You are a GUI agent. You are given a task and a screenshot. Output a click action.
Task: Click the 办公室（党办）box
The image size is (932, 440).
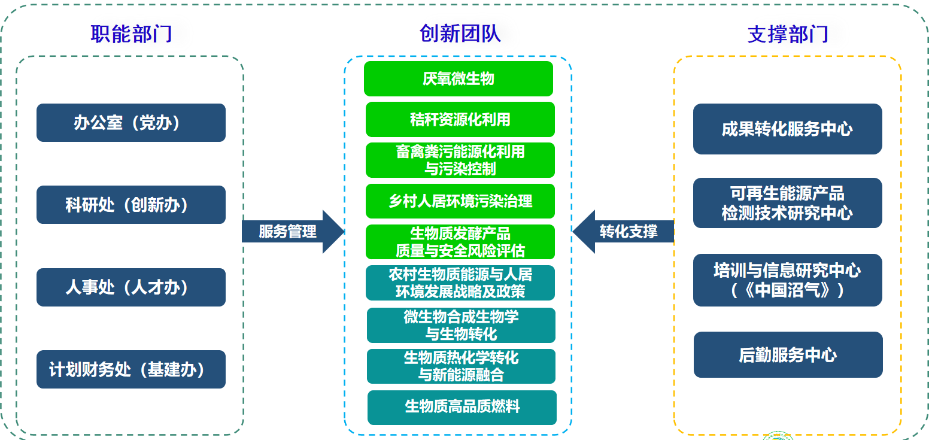coord(130,123)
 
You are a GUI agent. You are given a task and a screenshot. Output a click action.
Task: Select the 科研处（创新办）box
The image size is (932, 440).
coord(130,205)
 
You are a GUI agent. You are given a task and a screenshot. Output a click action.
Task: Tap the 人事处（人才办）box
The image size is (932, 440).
coord(130,287)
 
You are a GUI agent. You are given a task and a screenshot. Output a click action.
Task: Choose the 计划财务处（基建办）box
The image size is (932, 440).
coord(130,369)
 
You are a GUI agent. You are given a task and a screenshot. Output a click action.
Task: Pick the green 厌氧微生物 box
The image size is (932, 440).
coord(458,78)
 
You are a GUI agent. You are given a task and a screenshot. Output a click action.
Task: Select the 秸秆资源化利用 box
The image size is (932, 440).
coord(460,119)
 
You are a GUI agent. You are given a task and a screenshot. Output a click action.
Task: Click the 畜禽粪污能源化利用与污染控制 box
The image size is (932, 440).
coord(460,160)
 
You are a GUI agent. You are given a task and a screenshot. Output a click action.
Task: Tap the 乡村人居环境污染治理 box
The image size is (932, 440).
coord(460,201)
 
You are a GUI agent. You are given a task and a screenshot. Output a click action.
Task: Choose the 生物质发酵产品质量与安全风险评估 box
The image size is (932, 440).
coord(460,242)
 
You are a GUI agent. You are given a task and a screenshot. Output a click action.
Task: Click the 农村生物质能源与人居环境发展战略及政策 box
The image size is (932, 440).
coord(460,283)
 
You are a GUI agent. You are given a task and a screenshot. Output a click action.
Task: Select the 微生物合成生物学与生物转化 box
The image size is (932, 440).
coord(461,325)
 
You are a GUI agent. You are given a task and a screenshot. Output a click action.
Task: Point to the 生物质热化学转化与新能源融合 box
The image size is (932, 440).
coord(461,366)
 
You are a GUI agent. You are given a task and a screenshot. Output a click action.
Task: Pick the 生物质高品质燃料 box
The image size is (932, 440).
coord(462,408)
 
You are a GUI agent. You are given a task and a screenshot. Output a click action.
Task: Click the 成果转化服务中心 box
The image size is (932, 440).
coord(787,129)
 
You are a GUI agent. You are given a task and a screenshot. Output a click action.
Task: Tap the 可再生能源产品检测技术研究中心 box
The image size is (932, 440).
coord(787,203)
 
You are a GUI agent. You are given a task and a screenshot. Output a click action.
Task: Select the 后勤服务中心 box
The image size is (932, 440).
coord(788,354)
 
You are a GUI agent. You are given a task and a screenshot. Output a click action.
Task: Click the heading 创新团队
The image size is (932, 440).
coord(460,34)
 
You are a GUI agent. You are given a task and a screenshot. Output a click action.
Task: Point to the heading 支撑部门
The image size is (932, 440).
coord(788,34)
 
